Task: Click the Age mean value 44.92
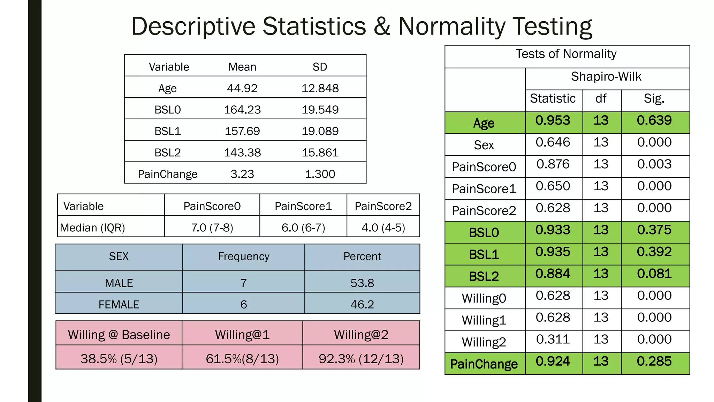point(242,88)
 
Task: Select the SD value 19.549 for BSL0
point(320,110)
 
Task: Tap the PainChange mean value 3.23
point(242,174)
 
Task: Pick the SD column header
point(320,67)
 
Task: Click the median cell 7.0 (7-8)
point(212,228)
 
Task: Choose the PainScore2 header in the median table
point(383,206)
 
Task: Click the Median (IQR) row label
point(92,228)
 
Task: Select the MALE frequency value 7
point(243,283)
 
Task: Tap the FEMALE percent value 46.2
point(362,304)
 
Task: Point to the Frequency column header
point(243,256)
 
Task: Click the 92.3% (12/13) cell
point(361,358)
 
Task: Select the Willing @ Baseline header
point(119,335)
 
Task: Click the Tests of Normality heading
point(566,54)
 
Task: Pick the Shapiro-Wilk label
point(606,76)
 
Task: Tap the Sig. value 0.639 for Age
point(654,120)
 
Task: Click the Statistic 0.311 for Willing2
point(553,339)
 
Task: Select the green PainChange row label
point(484,364)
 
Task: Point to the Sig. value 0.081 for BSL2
point(654,274)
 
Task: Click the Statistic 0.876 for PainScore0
point(553,164)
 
